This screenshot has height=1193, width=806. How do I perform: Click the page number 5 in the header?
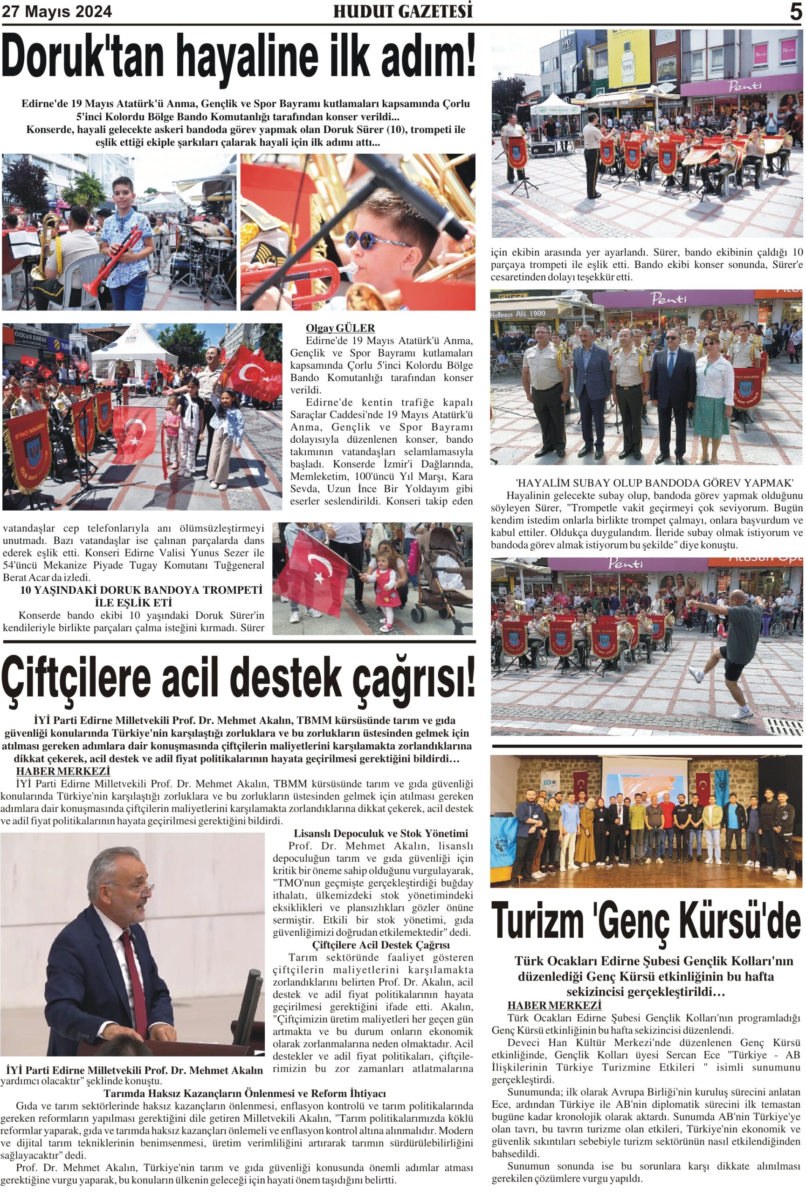tap(795, 11)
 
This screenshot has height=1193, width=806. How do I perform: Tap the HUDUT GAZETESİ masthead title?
tap(402, 11)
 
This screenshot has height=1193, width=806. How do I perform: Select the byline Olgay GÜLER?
tap(340, 328)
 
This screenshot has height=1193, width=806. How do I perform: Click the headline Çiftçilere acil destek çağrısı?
tap(238, 678)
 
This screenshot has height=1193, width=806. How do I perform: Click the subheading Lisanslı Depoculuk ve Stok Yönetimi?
tap(380, 833)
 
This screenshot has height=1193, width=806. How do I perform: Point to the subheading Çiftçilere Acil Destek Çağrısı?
tap(380, 945)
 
